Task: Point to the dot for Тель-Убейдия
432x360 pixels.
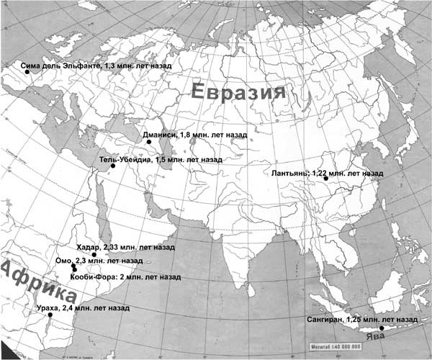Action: (112, 166)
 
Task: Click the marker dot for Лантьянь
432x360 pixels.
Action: (325, 179)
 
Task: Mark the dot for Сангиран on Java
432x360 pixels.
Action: (382, 328)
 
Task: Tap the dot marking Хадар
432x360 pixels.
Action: (94, 255)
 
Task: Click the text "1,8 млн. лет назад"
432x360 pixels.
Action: (211, 135)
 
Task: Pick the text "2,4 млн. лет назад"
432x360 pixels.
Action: (94, 308)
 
